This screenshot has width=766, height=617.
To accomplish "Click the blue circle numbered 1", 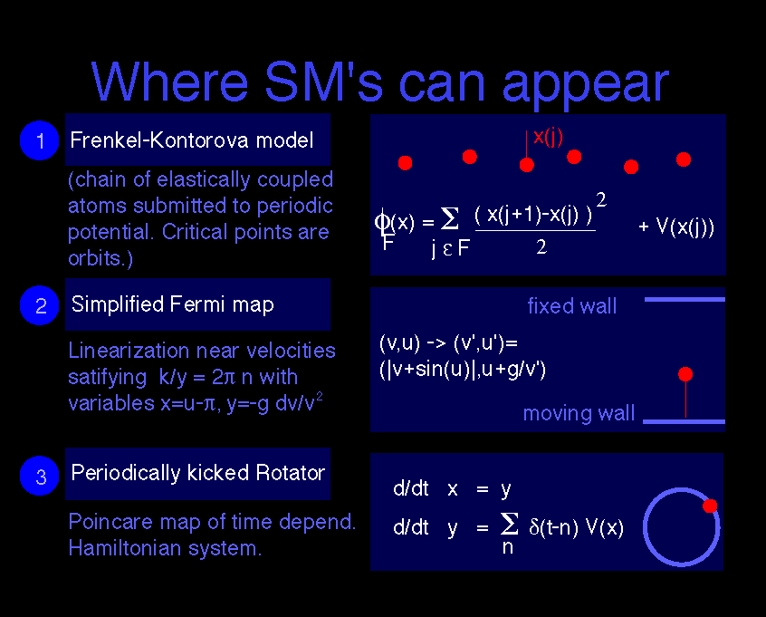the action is click(40, 140).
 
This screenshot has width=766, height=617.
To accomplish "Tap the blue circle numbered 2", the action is click(40, 305).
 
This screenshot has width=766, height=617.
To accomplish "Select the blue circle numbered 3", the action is click(40, 476).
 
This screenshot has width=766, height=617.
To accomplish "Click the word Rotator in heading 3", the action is click(290, 473).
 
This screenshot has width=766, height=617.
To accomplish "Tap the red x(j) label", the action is click(548, 137).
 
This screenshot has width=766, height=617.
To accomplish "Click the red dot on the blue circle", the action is click(710, 506).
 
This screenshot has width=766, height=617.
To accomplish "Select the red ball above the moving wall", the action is click(685, 374).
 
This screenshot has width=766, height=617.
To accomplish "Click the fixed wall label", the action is click(571, 306).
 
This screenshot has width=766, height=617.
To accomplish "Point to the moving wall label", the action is click(579, 414).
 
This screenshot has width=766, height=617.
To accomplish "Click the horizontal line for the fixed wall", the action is click(685, 299).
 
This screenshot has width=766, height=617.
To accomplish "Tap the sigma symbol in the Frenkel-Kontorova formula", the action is click(449, 218).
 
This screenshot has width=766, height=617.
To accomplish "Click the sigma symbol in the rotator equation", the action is click(509, 524).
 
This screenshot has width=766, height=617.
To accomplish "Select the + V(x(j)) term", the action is click(676, 227).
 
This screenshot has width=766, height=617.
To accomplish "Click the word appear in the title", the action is click(585, 83).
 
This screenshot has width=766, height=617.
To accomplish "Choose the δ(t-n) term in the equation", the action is click(553, 527).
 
